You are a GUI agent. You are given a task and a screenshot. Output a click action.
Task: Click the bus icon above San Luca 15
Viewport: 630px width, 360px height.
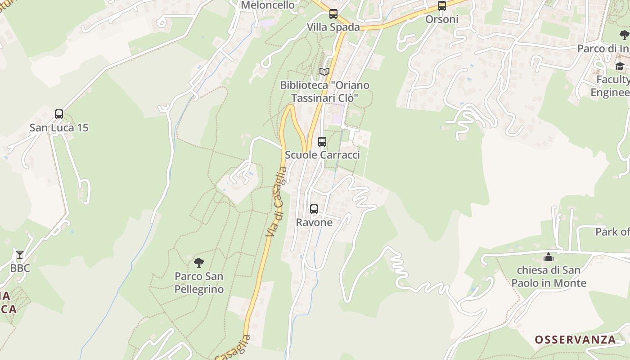tap(59, 114)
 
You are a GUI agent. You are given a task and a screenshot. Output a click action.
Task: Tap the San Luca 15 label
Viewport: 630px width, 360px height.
tap(59, 128)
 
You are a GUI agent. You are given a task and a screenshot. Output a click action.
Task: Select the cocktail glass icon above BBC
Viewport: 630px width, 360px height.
tap(20, 255)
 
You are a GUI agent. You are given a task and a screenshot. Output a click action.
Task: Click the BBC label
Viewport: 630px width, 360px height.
tap(20, 268)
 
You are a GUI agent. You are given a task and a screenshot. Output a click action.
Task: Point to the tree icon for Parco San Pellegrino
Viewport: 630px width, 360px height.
tap(198, 263)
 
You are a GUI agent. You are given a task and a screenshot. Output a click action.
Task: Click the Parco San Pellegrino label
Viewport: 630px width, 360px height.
tap(199, 283)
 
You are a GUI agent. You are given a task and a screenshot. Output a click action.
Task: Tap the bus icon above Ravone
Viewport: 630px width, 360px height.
tap(314, 209)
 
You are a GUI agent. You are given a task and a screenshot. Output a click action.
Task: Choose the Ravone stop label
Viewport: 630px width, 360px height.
tap(314, 222)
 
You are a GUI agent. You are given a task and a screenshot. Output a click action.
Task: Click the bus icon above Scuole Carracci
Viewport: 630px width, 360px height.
tap(322, 142)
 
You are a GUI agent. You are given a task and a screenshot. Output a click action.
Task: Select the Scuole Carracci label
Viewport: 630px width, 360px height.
tap(322, 155)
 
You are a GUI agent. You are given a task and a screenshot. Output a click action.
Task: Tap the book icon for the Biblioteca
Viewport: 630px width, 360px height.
tap(324, 72)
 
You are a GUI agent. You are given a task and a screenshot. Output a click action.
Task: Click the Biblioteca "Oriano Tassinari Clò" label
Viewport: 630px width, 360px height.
tap(324, 91)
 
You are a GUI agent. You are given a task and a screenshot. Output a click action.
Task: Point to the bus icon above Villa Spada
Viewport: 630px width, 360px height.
tap(333, 14)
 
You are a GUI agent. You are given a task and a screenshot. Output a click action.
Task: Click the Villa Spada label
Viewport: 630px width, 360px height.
tap(333, 27)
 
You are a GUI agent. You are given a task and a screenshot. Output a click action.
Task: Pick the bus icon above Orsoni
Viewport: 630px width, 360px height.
tap(442, 6)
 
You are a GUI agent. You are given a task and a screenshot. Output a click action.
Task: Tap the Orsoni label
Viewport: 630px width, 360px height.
tap(442, 19)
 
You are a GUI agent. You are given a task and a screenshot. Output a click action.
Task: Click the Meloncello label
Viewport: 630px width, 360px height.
tap(268, 5)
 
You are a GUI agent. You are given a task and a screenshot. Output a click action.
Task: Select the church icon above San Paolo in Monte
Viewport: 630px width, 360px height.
tap(549, 257)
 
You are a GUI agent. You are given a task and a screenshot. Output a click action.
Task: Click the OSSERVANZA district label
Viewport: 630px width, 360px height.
tap(575, 340)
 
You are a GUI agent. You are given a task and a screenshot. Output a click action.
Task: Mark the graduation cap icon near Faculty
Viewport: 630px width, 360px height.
tap(620, 67)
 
